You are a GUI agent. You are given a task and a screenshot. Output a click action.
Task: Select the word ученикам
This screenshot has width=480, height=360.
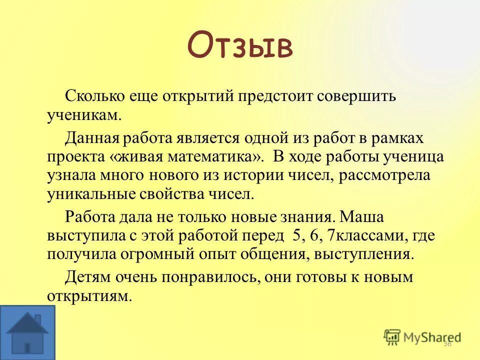coord(84,115)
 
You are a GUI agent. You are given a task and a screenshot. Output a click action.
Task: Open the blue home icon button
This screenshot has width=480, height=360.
coord(27,332)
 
